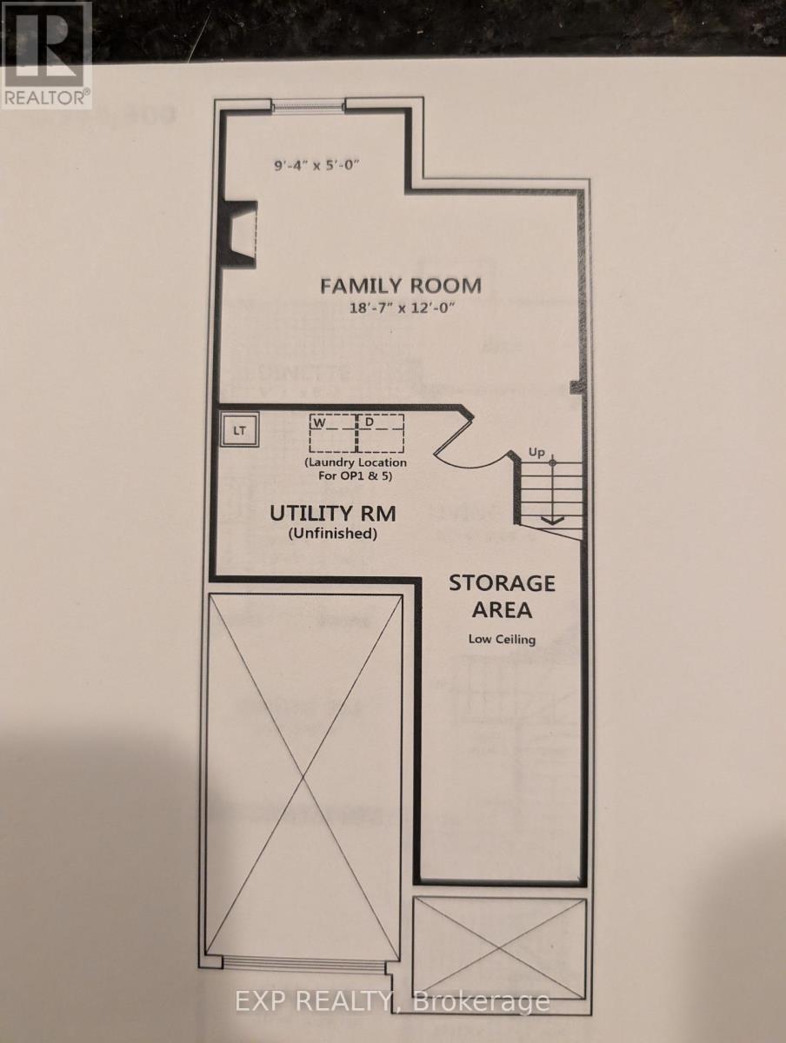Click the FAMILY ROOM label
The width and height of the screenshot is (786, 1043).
point(400,285)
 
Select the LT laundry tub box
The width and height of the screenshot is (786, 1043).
point(239,428)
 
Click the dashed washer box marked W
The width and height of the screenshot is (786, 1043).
point(331,432)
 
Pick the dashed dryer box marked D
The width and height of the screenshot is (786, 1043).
point(381,432)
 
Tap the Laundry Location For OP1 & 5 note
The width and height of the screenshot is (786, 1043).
point(356,469)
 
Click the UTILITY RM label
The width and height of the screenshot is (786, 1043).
point(333,513)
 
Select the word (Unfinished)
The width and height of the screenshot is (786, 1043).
point(333,535)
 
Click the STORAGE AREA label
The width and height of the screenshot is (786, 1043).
point(502,595)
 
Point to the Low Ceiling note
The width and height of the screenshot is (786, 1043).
point(502,640)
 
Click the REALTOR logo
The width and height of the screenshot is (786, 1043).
point(46,55)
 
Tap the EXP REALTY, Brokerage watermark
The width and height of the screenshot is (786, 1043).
point(393,1001)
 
